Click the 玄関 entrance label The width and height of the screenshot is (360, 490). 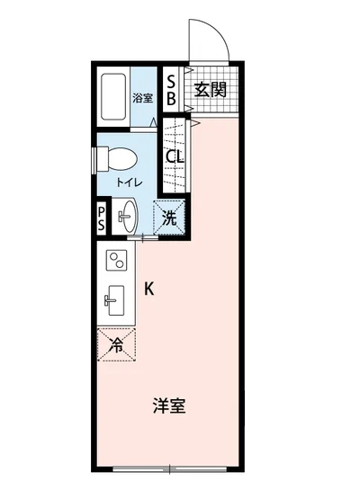pos(211,89)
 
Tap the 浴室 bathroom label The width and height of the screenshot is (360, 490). pos(142,97)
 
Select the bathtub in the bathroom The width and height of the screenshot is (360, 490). pos(113,96)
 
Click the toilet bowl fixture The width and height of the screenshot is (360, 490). pos(120,159)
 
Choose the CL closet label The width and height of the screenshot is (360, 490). pos(175,156)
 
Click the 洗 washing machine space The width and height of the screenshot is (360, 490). pos(171,217)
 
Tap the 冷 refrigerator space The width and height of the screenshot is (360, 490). pos(116,344)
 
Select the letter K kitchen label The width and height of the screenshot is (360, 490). pos(149,289)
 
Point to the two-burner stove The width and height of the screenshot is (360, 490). pos(117,262)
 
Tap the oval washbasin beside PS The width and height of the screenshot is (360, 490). pos(128,216)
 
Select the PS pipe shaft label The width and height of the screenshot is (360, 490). pos(103,217)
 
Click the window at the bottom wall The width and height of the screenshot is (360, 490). pos(170,468)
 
